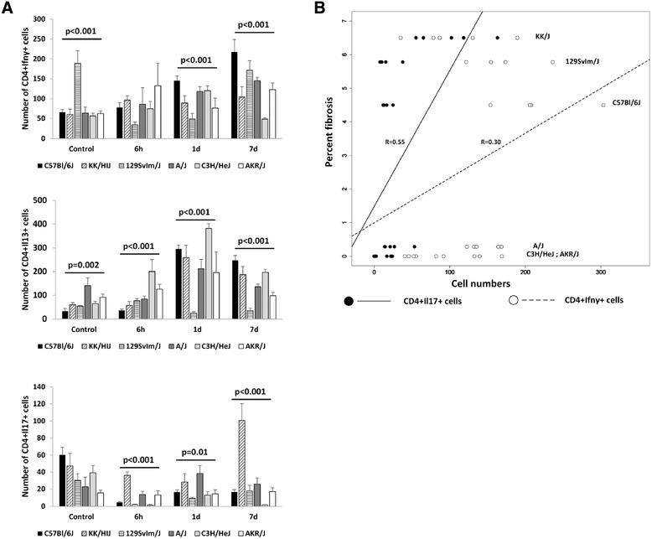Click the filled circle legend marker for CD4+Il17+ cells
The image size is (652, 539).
349,300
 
